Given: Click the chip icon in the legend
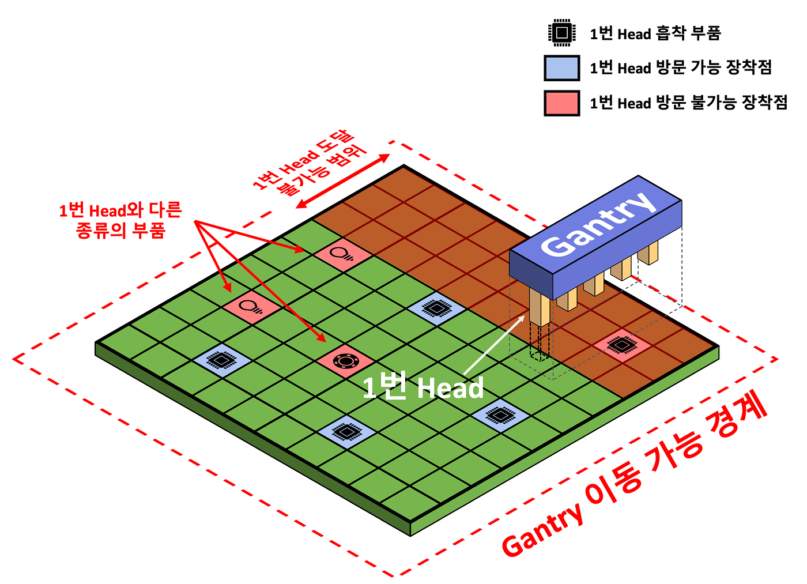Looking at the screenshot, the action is (x=561, y=33).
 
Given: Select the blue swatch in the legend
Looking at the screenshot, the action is (x=561, y=68).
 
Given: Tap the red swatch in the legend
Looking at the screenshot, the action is (x=561, y=103).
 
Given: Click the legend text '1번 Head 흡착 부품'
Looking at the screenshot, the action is (x=655, y=33).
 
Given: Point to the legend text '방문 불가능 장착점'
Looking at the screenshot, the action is (x=721, y=103).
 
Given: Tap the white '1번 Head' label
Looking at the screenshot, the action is (x=423, y=388).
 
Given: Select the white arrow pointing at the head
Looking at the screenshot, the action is (x=495, y=345).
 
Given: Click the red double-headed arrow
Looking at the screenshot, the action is (x=343, y=181).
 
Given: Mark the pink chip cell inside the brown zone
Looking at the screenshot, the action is (x=621, y=345).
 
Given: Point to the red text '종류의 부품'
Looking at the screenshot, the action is (x=120, y=231).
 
